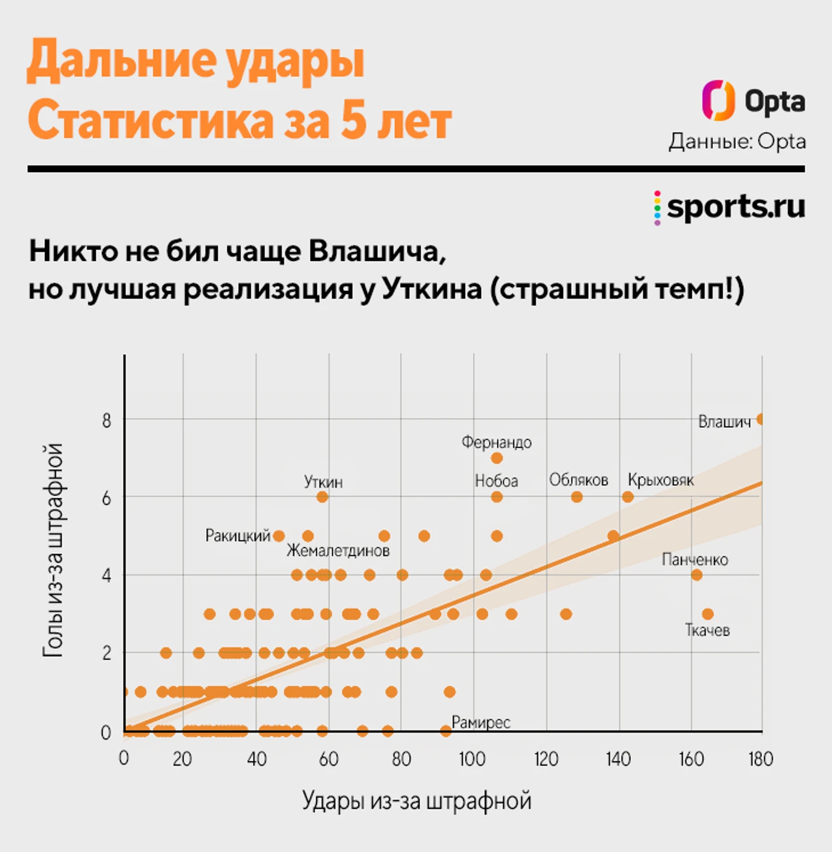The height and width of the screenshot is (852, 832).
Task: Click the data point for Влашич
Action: click(760, 420)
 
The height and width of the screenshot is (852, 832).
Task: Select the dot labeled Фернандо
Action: click(496, 458)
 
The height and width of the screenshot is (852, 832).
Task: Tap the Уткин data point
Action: click(322, 497)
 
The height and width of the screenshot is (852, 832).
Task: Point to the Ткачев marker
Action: click(707, 614)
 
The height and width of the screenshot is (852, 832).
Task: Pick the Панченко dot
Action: click(696, 575)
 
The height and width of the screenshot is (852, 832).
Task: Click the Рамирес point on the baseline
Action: click(446, 731)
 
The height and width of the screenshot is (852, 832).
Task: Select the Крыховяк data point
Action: click(627, 497)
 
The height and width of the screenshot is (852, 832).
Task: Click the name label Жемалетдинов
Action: click(338, 551)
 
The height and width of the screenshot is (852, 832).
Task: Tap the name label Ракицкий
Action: click(238, 536)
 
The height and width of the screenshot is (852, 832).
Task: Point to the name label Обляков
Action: click(578, 480)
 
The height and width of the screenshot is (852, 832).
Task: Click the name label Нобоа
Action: click(496, 481)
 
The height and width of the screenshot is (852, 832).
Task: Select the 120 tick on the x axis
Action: click(546, 759)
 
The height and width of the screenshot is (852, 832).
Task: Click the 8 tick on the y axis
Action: click(107, 421)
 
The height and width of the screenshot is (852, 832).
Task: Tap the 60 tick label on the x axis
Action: click(329, 759)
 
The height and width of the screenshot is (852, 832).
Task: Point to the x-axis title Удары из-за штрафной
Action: click(417, 801)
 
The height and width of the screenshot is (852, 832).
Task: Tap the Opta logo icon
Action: click(718, 101)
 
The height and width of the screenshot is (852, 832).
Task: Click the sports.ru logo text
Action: click(736, 206)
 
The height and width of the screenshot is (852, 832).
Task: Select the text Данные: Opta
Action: click(737, 142)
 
